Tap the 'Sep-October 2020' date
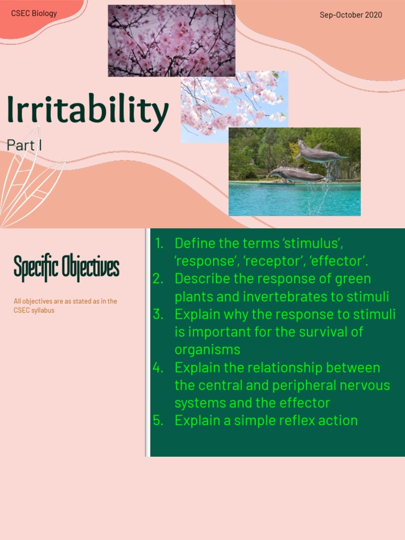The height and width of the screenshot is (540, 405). [351, 15]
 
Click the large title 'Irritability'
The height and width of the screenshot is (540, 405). [88, 112]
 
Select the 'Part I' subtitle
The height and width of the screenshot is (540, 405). [24, 145]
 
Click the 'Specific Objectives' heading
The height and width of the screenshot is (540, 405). [66, 267]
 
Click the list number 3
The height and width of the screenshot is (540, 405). [158, 314]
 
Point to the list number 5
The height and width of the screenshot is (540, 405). [158, 420]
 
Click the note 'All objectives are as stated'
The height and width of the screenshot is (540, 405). [65, 302]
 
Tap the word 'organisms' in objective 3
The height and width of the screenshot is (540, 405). [207, 350]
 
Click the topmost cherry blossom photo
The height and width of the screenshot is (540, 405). [171, 41]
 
